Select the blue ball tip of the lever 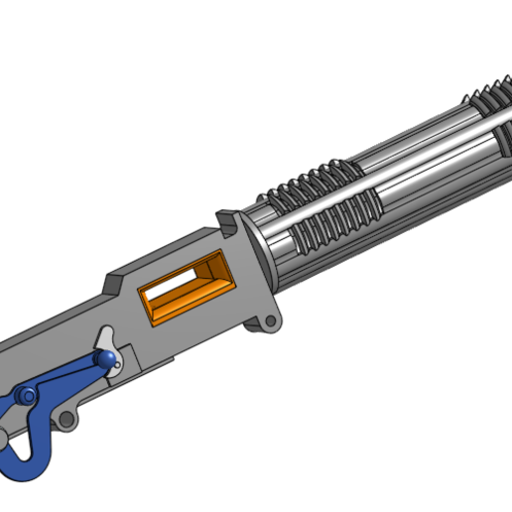pyautogui.click(x=102, y=358)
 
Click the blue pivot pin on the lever pyautogui.click(x=30, y=396)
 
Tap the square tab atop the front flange pyautogui.click(x=228, y=216)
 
